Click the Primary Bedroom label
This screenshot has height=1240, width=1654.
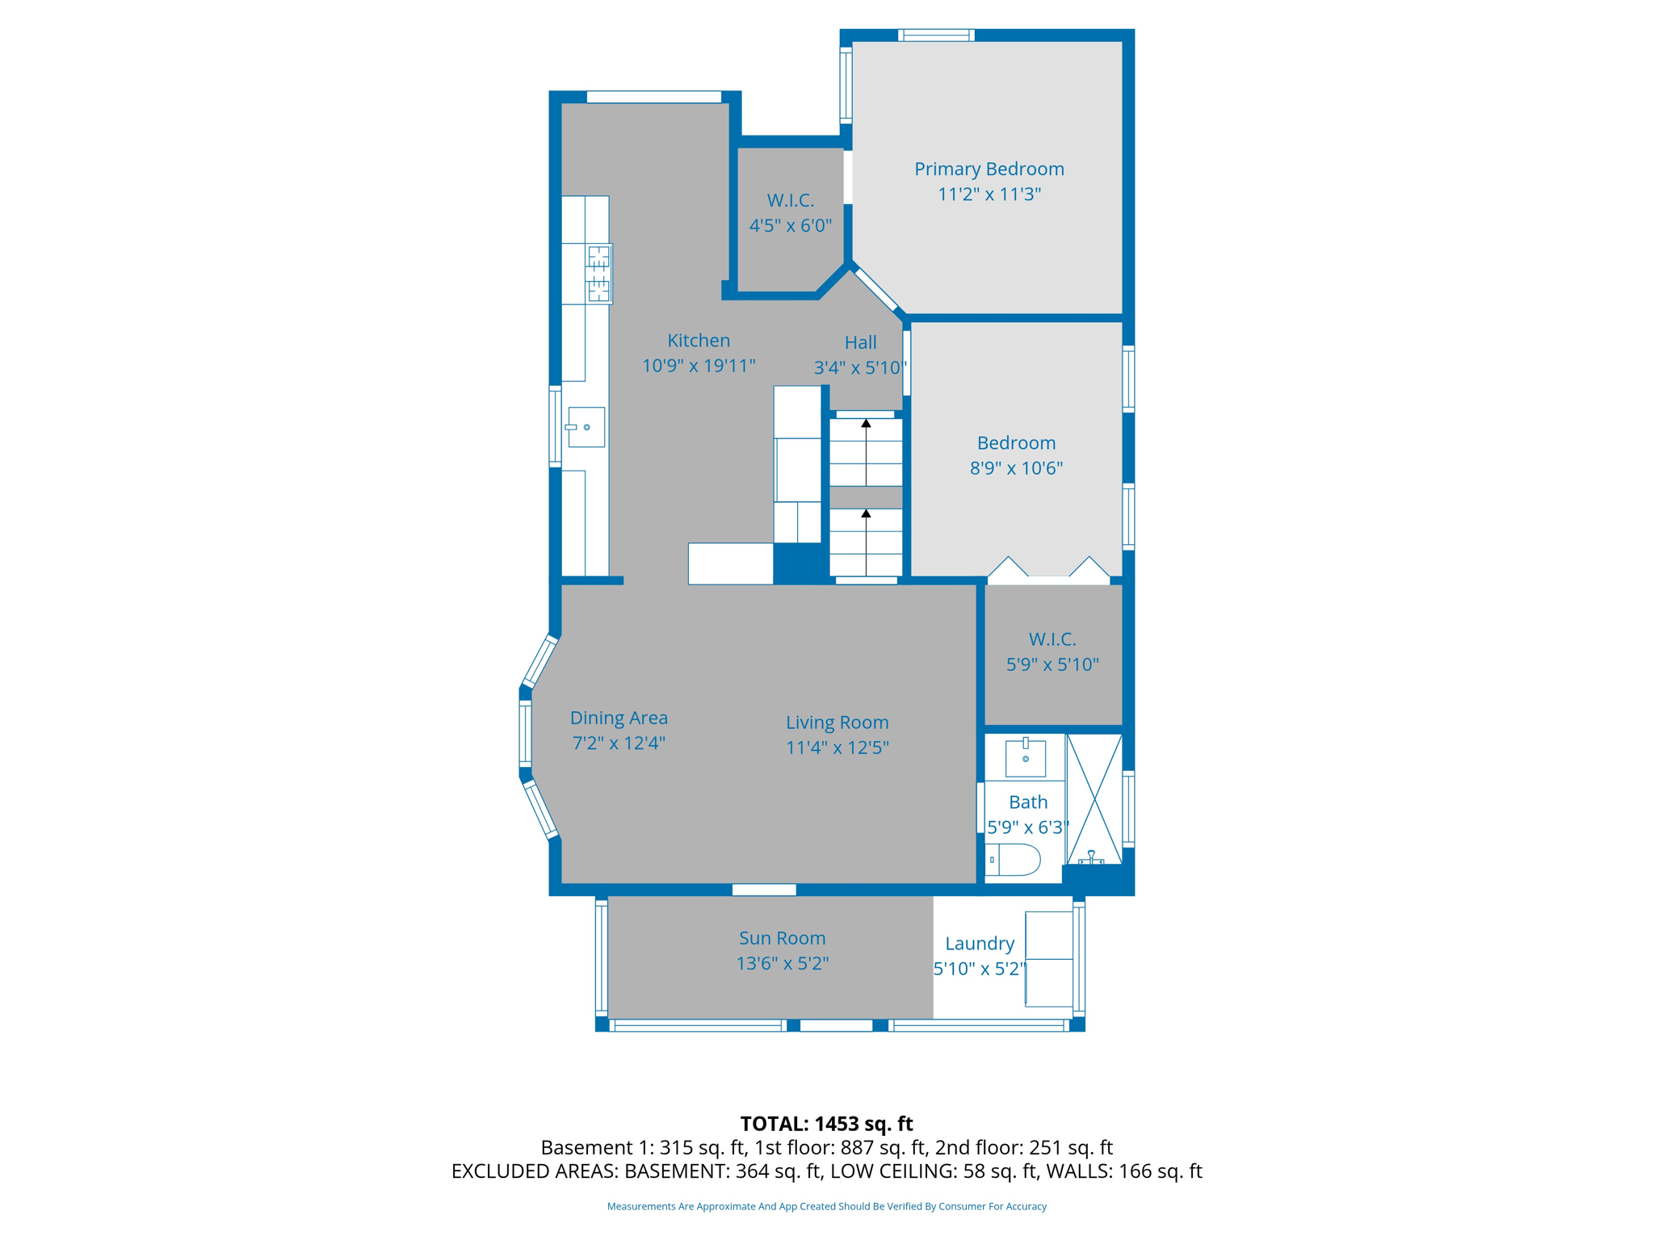click(x=989, y=170)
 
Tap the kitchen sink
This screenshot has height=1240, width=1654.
click(x=586, y=427)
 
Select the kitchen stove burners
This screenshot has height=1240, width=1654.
click(x=599, y=274)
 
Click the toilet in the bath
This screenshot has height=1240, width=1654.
click(x=1013, y=860)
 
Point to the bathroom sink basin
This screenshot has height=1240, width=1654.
click(x=1026, y=758)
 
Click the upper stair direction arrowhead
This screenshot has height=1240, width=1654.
click(x=866, y=423)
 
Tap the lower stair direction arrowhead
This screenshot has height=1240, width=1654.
click(x=866, y=513)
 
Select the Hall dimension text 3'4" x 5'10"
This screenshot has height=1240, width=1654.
click(x=860, y=368)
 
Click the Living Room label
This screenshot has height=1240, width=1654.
click(x=837, y=723)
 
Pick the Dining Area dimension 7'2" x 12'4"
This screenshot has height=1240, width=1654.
click(x=619, y=743)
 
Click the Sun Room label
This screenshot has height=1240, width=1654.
click(x=782, y=938)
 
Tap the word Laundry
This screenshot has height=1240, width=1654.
click(x=979, y=944)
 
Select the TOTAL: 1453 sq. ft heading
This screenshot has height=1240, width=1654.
click(x=826, y=1124)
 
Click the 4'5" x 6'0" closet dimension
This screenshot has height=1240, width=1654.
click(x=790, y=225)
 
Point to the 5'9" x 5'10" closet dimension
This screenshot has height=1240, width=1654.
click(x=1052, y=664)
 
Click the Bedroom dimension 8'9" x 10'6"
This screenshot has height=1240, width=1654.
click(x=1016, y=467)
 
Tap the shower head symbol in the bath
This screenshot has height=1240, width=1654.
click(x=1091, y=857)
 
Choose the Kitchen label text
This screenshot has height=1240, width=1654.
click(x=699, y=341)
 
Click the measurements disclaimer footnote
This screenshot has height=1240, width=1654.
click(x=826, y=1206)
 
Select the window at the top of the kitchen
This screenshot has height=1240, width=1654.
click(x=654, y=97)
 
